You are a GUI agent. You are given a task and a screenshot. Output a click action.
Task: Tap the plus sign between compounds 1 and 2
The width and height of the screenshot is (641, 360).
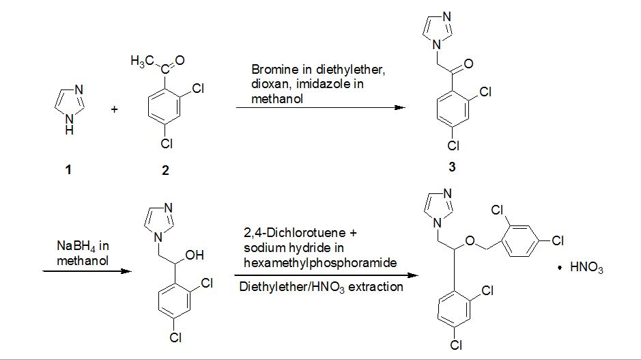tap(114, 109)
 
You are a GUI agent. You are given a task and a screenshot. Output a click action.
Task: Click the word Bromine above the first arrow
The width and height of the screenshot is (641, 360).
tap(271, 70)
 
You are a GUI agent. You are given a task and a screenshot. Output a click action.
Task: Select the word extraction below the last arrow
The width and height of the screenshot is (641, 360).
tap(376, 287)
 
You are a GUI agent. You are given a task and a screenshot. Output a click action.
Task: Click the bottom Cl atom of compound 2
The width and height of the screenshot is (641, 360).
tap(167, 145)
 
